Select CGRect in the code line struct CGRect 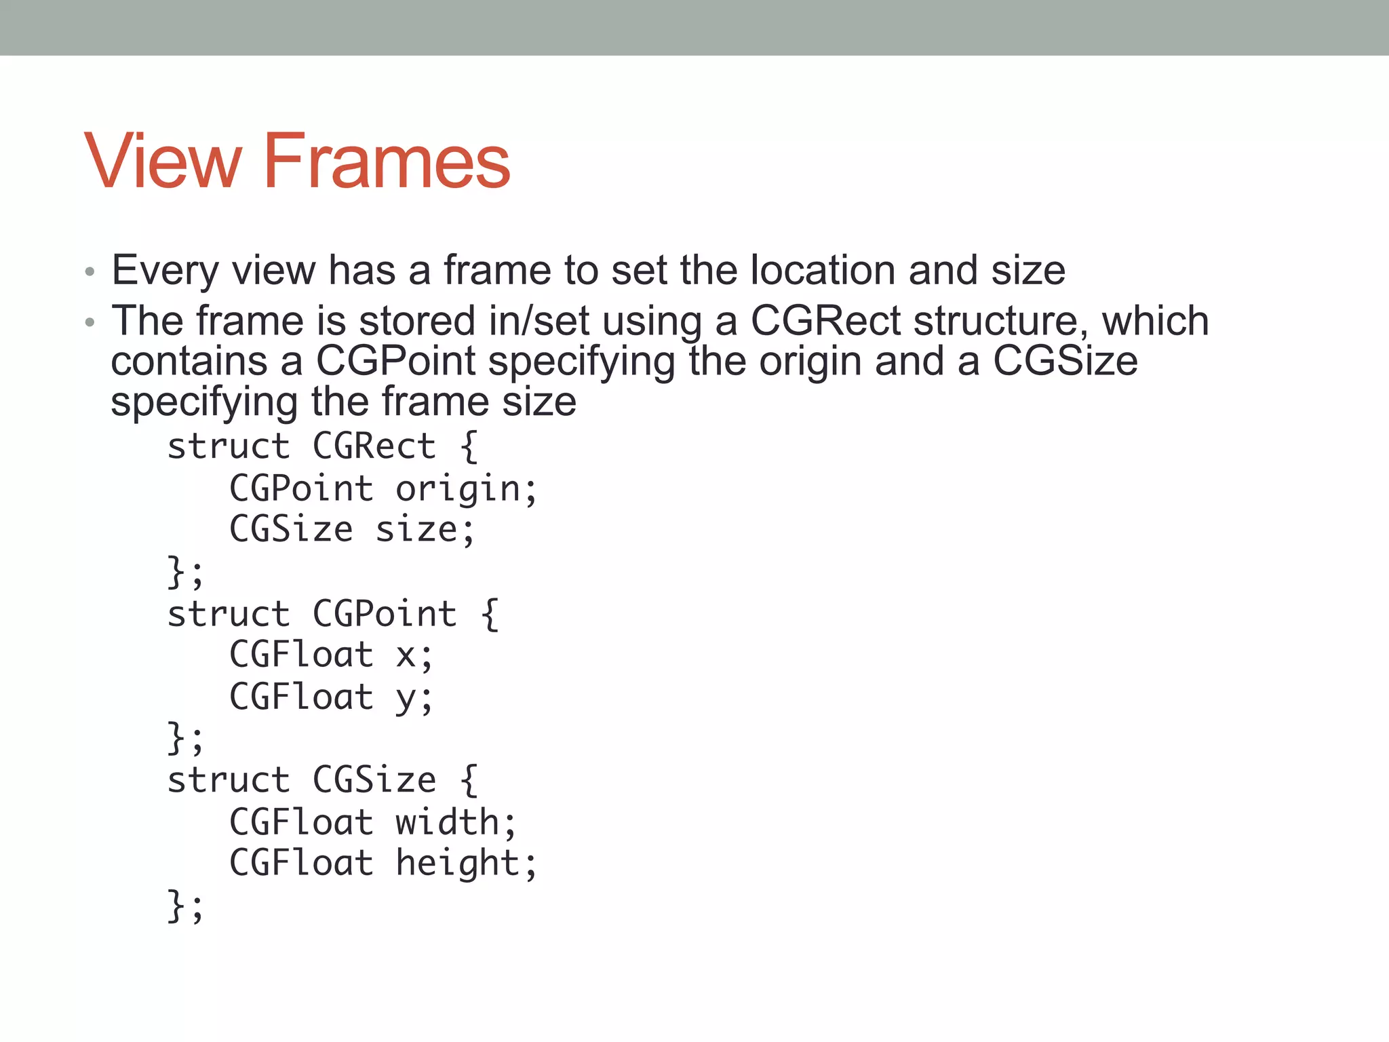tap(374, 447)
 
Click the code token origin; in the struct tap(467, 490)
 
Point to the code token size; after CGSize tap(425, 530)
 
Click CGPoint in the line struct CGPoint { tap(385, 615)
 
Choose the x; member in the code tap(414, 656)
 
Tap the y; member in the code tap(414, 698)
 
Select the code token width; tap(456, 823)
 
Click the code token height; tap(467, 864)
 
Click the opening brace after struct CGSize tap(469, 781)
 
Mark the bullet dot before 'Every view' tap(90, 273)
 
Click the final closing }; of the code tap(185, 906)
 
